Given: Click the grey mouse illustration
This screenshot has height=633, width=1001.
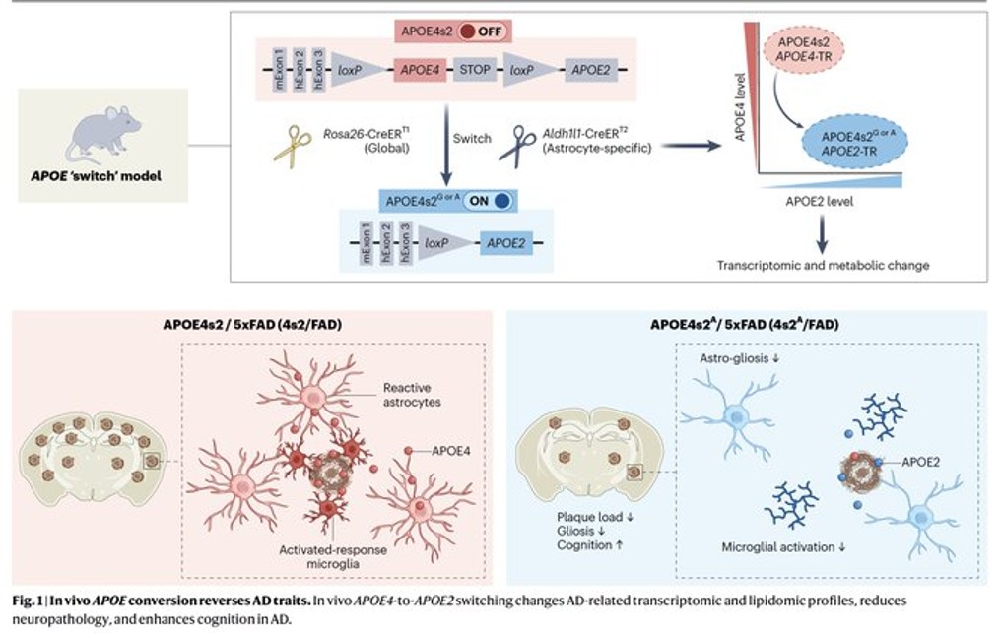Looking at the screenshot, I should pos(102,134).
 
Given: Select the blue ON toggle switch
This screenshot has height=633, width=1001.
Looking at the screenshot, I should pos(490,201).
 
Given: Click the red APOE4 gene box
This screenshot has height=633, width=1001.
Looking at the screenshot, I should pos(422,71).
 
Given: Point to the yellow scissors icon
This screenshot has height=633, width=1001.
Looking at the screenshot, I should pos(293,146).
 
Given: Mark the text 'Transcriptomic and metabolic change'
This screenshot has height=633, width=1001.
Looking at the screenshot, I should pos(823,265).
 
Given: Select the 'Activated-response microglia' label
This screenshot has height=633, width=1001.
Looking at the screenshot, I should pos(333,556).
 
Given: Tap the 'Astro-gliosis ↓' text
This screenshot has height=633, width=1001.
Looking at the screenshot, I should pos(733,358).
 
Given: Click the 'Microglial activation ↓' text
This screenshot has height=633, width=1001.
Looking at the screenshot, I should pos(785,546).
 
